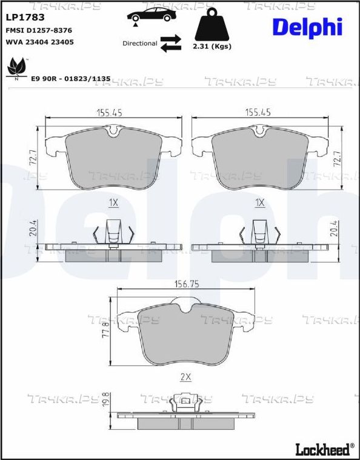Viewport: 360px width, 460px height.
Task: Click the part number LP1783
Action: coord(25,18)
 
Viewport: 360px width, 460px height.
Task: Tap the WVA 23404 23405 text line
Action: coord(40,42)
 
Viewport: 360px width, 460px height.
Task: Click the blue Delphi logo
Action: coord(307,27)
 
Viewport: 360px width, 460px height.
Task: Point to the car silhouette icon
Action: coord(152,15)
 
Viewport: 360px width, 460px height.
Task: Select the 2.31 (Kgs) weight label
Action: coord(212,46)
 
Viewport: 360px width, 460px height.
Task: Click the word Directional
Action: coord(140,44)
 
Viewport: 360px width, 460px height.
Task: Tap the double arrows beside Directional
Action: coord(171,43)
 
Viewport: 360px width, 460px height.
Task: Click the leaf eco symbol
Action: coord(16,68)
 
